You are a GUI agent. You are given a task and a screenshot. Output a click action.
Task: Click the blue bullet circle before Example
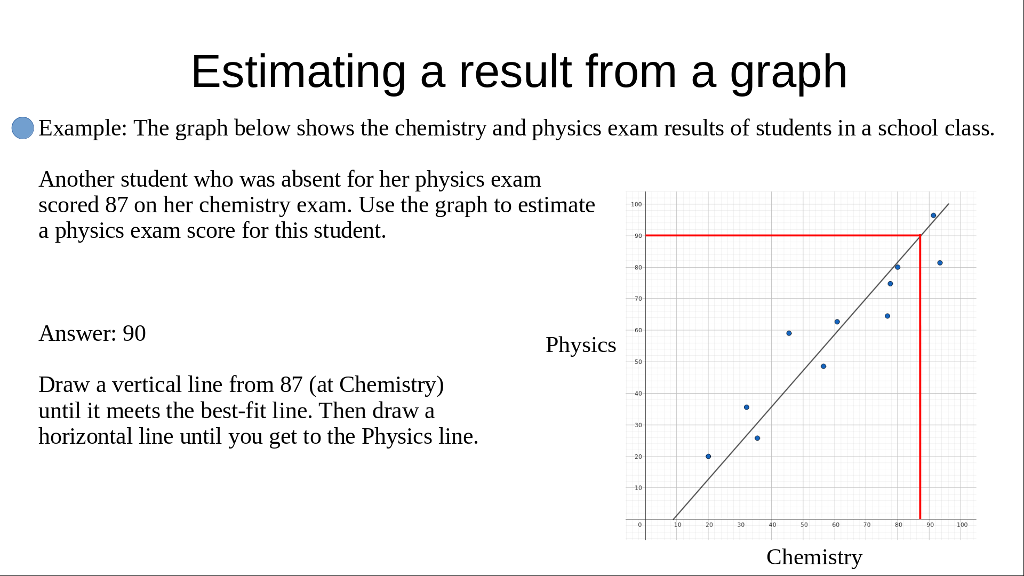pyautogui.click(x=23, y=128)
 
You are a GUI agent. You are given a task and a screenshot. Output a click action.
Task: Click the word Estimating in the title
pyautogui.click(x=299, y=71)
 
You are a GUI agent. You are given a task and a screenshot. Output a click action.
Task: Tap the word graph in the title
pyautogui.click(x=788, y=71)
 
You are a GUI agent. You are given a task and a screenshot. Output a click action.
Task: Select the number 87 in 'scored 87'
pyautogui.click(x=116, y=205)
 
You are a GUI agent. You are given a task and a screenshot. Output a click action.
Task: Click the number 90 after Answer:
pyautogui.click(x=134, y=333)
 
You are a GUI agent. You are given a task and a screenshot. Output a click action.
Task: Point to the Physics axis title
pyautogui.click(x=581, y=345)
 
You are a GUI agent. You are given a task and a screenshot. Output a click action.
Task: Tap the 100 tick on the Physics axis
pyautogui.click(x=636, y=204)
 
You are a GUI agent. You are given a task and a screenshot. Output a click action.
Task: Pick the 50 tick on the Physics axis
pyautogui.click(x=638, y=362)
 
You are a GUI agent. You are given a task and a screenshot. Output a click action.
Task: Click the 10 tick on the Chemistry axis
pyautogui.click(x=677, y=525)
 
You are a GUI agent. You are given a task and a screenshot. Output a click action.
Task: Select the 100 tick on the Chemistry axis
pyautogui.click(x=962, y=525)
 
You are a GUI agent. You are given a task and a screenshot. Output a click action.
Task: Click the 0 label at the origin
pyautogui.click(x=640, y=525)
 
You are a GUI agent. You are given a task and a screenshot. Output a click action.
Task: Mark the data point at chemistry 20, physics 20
pyautogui.click(x=708, y=457)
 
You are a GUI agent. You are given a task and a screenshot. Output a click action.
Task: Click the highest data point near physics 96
pyautogui.click(x=933, y=215)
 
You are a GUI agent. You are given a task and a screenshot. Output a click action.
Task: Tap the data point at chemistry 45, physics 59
pyautogui.click(x=789, y=333)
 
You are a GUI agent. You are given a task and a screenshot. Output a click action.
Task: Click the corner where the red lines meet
pyautogui.click(x=920, y=235)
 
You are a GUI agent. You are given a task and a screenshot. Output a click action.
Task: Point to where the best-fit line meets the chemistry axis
pyautogui.click(x=674, y=519)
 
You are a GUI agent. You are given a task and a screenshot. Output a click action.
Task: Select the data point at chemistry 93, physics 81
pyautogui.click(x=940, y=263)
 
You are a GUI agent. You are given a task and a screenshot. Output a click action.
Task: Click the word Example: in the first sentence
pyautogui.click(x=83, y=129)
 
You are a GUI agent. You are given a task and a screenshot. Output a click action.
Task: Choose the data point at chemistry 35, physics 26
pyautogui.click(x=757, y=438)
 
